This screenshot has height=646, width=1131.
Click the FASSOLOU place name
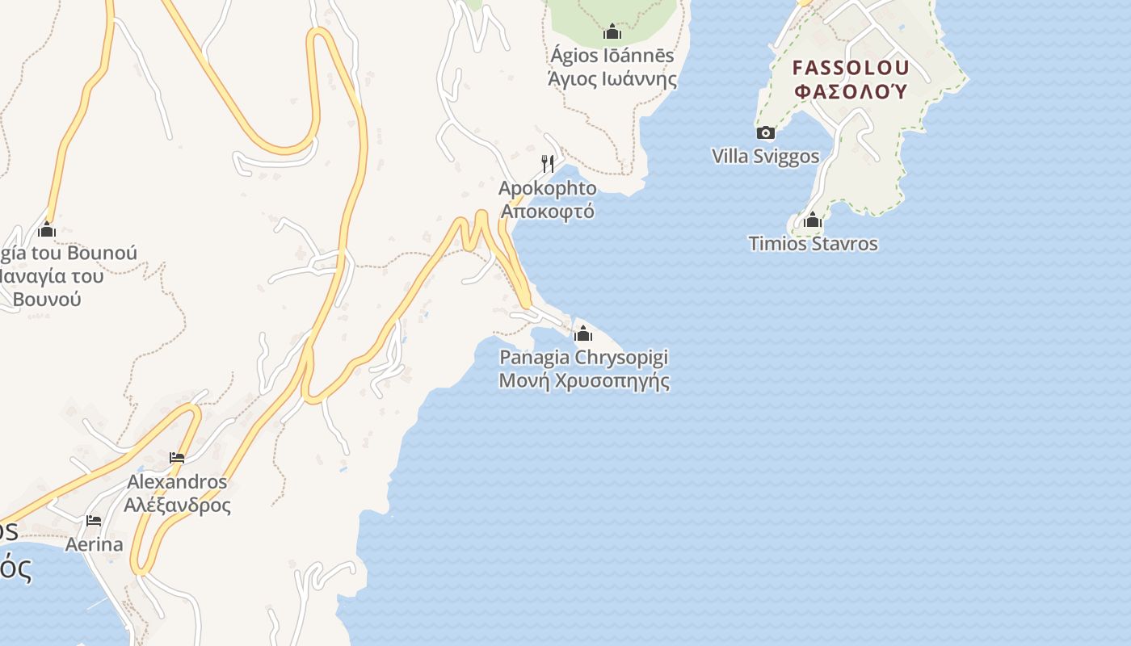click(851, 68)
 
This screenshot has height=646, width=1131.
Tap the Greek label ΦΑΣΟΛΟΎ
click(851, 90)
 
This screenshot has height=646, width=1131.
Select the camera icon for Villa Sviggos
click(765, 133)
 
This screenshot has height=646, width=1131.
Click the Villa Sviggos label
click(765, 157)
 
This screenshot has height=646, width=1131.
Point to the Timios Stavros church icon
click(813, 220)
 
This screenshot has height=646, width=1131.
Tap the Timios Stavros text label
click(813, 244)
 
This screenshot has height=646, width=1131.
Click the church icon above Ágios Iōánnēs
click(612, 32)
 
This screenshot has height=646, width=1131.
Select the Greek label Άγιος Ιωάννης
click(612, 79)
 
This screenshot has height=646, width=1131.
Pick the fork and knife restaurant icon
click(548, 164)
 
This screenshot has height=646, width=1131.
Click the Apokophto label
click(548, 189)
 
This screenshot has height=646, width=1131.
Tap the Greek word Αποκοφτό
click(548, 212)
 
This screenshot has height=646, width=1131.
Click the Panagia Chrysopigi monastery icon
click(582, 333)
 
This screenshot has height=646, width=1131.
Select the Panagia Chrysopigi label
click(584, 357)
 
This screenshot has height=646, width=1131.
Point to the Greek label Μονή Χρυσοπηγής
click(584, 380)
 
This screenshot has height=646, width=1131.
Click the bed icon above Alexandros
click(177, 458)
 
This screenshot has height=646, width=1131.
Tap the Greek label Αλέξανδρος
click(177, 505)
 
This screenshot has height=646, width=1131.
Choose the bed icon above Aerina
click(94, 521)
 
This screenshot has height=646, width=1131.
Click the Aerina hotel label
click(94, 544)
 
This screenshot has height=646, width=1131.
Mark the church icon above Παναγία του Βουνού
click(47, 230)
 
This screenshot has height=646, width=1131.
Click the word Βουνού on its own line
click(47, 299)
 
